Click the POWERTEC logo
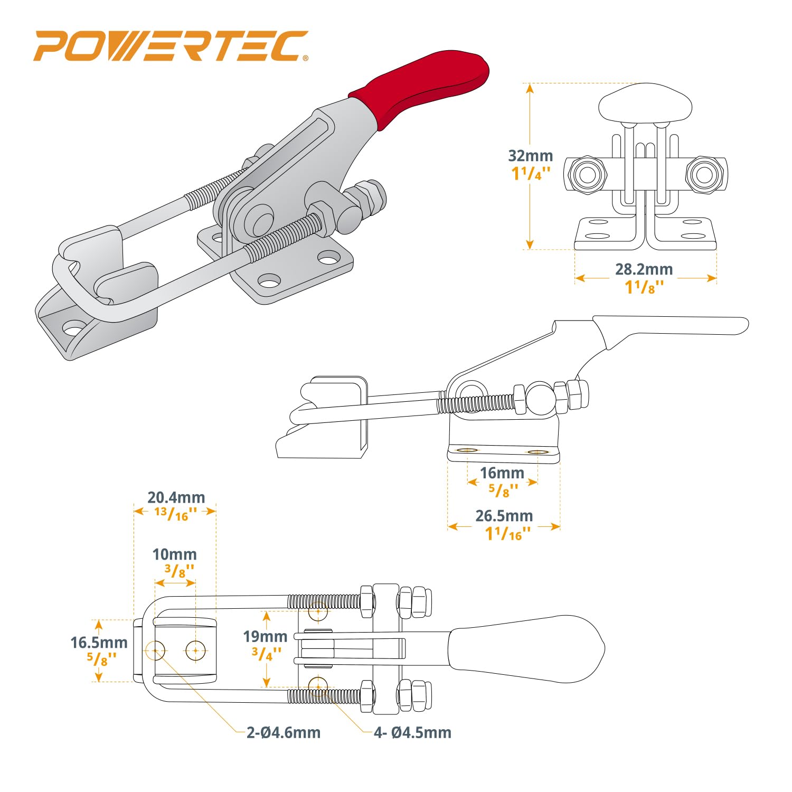tap(170, 46)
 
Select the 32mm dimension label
tap(530, 156)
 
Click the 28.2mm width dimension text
tap(644, 269)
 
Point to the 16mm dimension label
tap(502, 473)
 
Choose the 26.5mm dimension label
tap(504, 516)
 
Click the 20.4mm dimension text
tap(176, 497)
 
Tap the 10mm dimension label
tap(174, 554)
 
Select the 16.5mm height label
tap(99, 643)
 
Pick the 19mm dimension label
tap(265, 637)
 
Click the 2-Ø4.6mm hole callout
tap(284, 733)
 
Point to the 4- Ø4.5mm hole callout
tap(412, 733)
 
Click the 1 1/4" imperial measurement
tap(531, 174)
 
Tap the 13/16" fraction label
tap(176, 513)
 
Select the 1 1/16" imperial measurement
tap(507, 534)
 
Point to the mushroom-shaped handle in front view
tap(645, 105)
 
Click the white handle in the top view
tap(525, 648)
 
